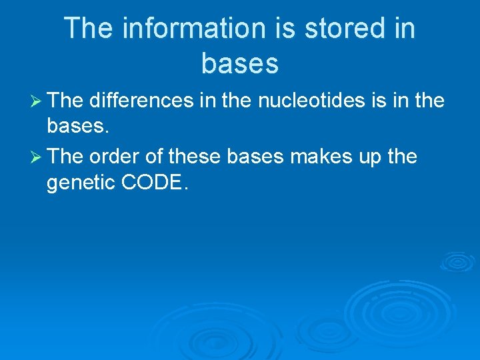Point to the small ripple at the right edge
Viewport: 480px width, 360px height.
pos(458,261)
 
